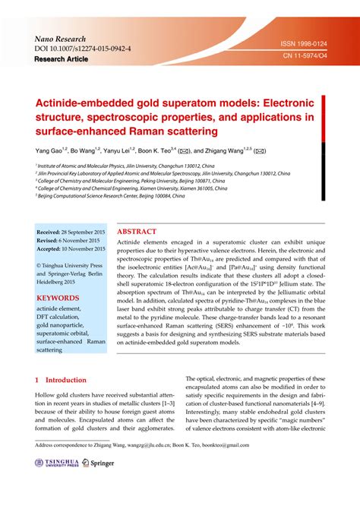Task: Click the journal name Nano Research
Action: coord(63,37)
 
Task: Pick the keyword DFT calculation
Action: coord(63,320)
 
